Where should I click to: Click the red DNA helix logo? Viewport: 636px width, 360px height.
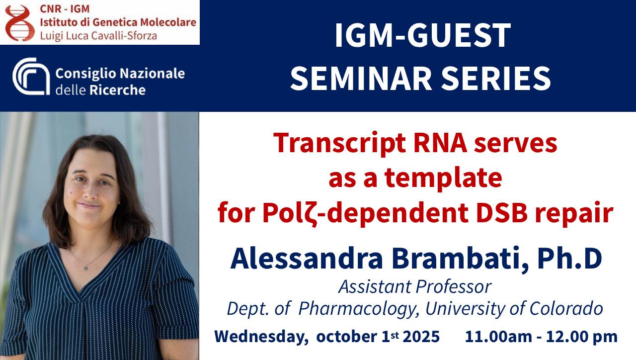coord(20,23)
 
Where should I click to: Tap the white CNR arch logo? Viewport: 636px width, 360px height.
coord(31,76)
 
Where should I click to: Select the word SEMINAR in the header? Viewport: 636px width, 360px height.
coord(361,78)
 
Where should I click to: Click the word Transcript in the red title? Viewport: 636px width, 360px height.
coord(339,144)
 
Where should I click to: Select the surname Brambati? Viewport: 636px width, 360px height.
coord(460,259)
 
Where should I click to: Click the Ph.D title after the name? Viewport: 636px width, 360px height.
coord(569,258)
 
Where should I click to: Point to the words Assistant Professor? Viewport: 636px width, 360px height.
coord(415,287)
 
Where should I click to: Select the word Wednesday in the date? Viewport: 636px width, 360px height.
coord(261,337)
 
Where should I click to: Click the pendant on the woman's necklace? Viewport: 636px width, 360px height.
coord(85,268)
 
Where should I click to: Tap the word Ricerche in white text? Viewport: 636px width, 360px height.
coord(118,90)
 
